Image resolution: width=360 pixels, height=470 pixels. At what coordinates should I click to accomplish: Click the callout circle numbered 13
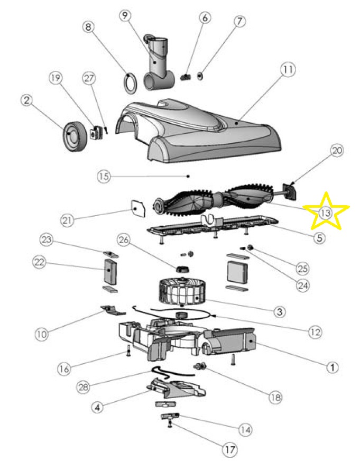tap(324, 213)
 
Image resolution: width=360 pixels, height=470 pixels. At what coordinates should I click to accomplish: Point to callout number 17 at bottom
tap(229, 450)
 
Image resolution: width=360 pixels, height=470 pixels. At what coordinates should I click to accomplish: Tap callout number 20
tap(337, 150)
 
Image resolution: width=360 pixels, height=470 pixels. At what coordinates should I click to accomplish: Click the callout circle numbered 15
tap(104, 176)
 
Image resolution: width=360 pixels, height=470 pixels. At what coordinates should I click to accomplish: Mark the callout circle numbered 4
tap(96, 407)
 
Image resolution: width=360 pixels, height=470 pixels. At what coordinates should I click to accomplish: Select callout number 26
tap(124, 241)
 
